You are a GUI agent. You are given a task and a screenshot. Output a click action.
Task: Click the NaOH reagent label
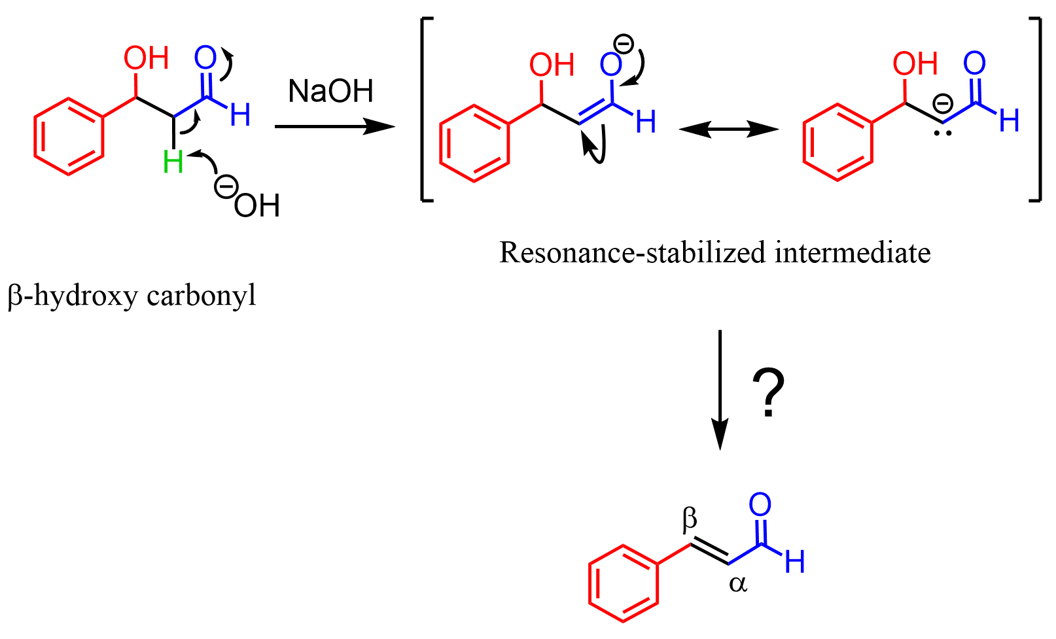point(330,91)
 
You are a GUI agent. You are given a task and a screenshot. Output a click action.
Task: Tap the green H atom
point(173,162)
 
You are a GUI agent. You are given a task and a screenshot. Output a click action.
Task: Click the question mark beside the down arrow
point(768,392)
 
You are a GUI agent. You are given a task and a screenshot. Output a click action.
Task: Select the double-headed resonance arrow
point(729,130)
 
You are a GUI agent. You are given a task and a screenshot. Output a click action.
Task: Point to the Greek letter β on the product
point(690,520)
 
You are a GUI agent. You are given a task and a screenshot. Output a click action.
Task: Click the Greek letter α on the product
point(737,583)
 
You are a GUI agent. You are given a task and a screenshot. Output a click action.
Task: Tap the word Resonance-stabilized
point(631,252)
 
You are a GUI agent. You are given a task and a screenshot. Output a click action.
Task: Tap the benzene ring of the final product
point(623,583)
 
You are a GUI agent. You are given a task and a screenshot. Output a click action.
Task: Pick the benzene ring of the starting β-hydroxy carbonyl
point(69,136)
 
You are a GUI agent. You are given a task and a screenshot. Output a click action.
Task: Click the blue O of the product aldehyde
point(760,505)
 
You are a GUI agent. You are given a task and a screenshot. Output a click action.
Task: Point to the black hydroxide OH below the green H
point(256,206)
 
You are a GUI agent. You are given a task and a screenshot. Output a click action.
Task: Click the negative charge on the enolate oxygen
point(623,44)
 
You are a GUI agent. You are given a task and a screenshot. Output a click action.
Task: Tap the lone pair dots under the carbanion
point(942,134)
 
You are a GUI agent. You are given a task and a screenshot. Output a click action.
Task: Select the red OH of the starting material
point(147,58)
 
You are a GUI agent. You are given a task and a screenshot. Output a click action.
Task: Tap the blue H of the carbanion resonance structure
point(1009,120)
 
